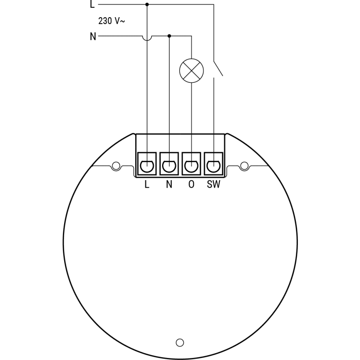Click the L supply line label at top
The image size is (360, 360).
92,4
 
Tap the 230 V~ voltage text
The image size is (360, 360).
112,21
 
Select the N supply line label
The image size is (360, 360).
93,37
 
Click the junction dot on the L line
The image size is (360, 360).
147,4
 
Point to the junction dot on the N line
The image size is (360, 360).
169,36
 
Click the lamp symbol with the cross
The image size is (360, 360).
192,71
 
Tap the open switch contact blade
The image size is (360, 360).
218,69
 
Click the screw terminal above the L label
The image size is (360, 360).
147,164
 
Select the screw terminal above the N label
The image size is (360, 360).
169,164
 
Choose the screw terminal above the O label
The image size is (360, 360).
191,164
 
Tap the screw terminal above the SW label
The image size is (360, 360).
214,164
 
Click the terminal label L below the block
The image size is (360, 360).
147,184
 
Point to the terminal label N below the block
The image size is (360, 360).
169,184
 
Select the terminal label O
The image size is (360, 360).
191,184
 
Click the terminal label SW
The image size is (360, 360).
214,184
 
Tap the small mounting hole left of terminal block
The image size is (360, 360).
116,166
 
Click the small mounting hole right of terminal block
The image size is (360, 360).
244,166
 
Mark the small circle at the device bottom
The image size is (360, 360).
180,342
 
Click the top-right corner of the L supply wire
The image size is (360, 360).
214,4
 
